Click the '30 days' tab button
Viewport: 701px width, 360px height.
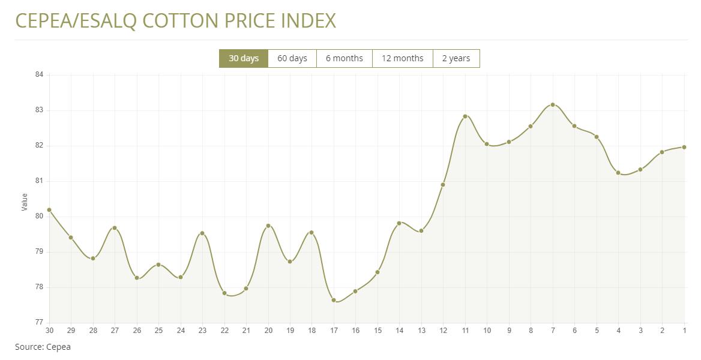(244, 58)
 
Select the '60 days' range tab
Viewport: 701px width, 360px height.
(292, 58)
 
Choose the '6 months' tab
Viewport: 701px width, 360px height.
(344, 58)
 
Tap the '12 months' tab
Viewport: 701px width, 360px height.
(403, 58)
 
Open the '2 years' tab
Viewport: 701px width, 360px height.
(456, 58)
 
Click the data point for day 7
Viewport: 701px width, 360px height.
(553, 105)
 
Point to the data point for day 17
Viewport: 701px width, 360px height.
(334, 300)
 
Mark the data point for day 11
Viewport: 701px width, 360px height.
(465, 116)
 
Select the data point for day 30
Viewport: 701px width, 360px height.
(49, 210)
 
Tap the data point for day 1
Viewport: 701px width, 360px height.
(684, 147)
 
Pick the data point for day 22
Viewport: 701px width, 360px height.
(224, 293)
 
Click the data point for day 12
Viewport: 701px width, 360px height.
(443, 185)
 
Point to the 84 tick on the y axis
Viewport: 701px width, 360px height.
(40, 74)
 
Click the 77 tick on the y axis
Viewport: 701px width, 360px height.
(40, 323)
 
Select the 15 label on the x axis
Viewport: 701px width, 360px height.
(378, 331)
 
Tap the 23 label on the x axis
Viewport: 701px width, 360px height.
(202, 331)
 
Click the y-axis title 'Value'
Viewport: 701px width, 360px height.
(25, 202)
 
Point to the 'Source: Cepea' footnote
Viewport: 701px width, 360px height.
(43, 347)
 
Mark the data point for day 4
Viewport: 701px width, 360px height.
(618, 173)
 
